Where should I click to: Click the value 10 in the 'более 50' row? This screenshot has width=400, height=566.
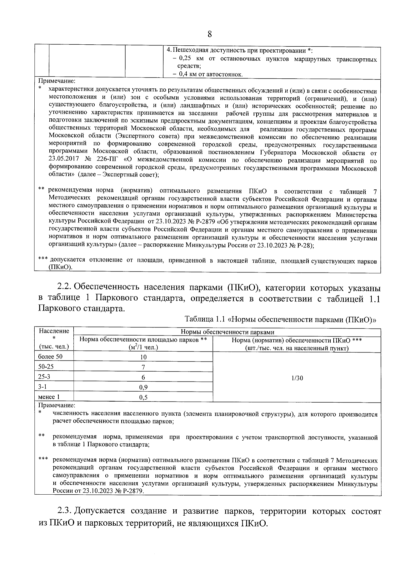[x=143, y=357]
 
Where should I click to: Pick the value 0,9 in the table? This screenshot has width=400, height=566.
[x=143, y=387]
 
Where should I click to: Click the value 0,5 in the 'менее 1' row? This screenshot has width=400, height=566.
[x=143, y=397]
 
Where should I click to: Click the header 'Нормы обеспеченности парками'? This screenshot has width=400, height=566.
[x=227, y=332]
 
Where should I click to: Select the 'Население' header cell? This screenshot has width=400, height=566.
[x=54, y=331]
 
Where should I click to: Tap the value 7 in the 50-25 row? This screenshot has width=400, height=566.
[x=143, y=367]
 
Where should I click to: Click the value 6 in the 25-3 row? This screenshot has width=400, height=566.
[x=143, y=377]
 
